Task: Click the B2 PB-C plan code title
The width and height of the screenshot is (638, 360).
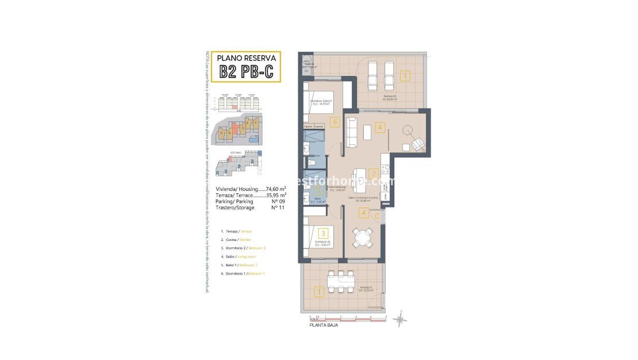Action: pos(245,71)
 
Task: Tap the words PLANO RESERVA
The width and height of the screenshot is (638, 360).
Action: pos(246,58)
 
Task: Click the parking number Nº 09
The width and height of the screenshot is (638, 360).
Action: pos(278,201)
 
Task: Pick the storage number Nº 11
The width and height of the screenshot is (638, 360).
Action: pos(278,208)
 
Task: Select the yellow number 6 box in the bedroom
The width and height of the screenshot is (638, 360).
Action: pos(335,122)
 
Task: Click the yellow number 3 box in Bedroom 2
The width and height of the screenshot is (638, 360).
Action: pos(324,233)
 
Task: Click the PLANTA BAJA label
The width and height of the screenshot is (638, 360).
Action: pos(324,325)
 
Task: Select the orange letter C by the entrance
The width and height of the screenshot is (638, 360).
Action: pos(376,216)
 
